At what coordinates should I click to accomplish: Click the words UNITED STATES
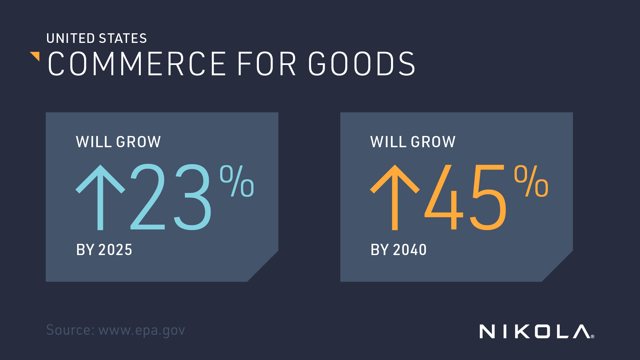coord(97,38)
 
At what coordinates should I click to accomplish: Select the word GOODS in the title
coord(362,64)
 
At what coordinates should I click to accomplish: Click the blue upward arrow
coord(100,197)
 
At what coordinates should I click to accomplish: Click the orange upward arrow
coord(395,197)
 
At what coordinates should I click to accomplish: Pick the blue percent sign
coord(237,181)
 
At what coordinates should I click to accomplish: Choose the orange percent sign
coord(531,181)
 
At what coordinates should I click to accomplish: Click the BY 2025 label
coord(104,250)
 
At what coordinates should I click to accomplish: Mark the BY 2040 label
coord(398,250)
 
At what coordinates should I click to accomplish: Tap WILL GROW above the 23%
coord(118,142)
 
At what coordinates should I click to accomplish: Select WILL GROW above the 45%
coord(413,142)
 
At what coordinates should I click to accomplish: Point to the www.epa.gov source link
coord(142,331)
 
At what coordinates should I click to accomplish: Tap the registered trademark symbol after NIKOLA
coord(593,336)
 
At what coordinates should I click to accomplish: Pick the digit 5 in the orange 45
coord(488,197)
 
